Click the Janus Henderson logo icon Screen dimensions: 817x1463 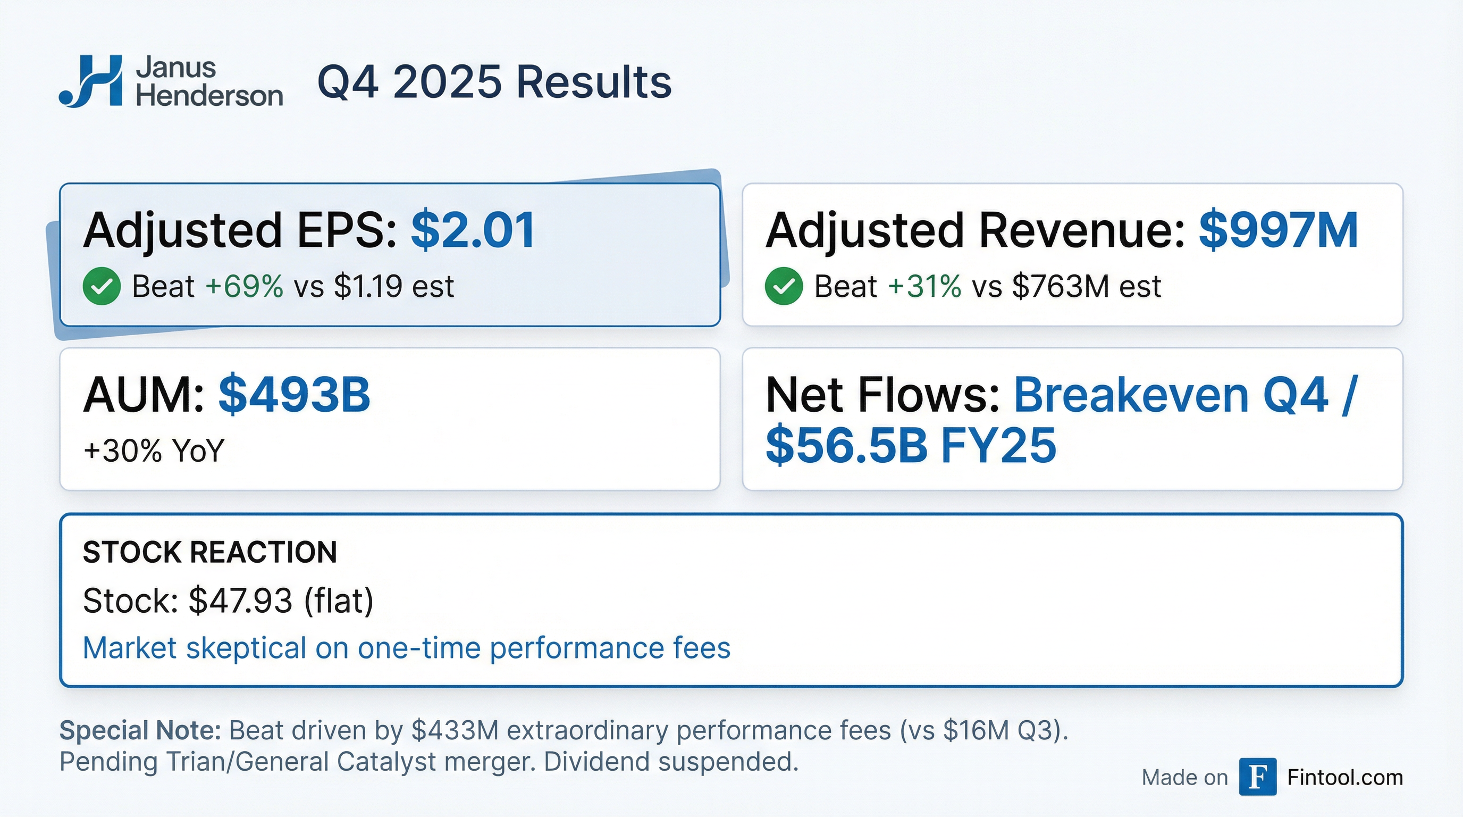91,81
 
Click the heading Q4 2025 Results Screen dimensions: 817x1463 494,82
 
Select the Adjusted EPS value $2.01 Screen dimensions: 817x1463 473,230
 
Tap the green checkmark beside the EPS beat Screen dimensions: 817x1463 102,286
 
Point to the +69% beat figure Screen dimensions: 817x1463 244,286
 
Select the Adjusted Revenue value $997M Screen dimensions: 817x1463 1278,230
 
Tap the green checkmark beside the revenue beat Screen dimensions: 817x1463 784,286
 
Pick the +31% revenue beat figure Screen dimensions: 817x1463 924,286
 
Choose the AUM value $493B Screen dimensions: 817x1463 294,394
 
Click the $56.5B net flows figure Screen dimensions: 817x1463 846,445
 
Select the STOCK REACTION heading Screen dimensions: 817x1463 209,552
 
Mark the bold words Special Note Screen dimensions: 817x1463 140,730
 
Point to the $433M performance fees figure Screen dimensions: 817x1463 455,730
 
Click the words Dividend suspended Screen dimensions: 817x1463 671,762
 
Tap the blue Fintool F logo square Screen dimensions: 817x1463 1257,777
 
